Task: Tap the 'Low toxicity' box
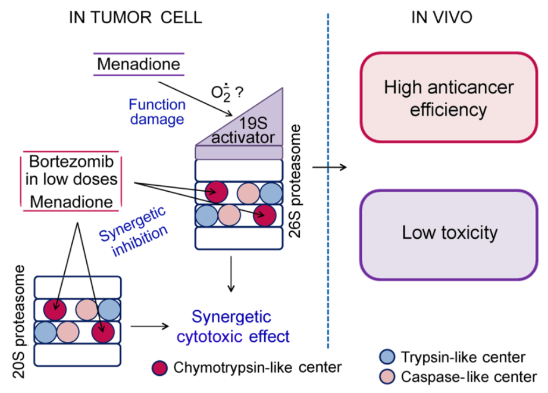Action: click(449, 232)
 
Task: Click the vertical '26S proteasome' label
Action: click(296, 181)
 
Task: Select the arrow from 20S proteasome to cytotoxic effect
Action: click(148, 326)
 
